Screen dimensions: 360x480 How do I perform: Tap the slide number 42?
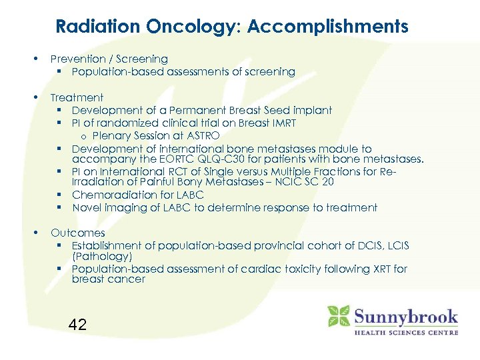click(x=77, y=325)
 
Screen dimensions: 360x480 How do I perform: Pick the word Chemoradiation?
click(x=114, y=195)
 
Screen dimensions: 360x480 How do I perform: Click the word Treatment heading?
click(x=77, y=97)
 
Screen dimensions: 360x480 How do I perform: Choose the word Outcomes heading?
click(x=77, y=233)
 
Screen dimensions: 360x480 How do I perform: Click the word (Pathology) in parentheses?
click(x=102, y=256)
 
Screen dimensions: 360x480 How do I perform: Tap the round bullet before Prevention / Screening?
click(x=36, y=59)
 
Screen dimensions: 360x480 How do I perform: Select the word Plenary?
click(x=111, y=136)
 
